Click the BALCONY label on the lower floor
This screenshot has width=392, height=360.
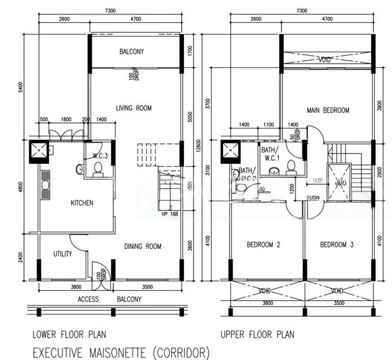click(131, 52)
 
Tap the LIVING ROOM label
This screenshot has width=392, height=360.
click(134, 108)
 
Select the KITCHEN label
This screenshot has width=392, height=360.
click(82, 203)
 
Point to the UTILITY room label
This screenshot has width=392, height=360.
click(62, 254)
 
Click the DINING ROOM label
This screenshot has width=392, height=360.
click(143, 246)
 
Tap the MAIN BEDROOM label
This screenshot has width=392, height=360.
click(328, 110)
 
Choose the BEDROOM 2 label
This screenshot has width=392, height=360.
click(264, 245)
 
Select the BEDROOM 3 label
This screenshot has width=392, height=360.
click(337, 245)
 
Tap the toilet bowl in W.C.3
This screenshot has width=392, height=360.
click(98, 170)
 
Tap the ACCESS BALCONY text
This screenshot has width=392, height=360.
click(110, 299)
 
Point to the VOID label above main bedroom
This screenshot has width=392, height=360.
click(325, 60)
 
